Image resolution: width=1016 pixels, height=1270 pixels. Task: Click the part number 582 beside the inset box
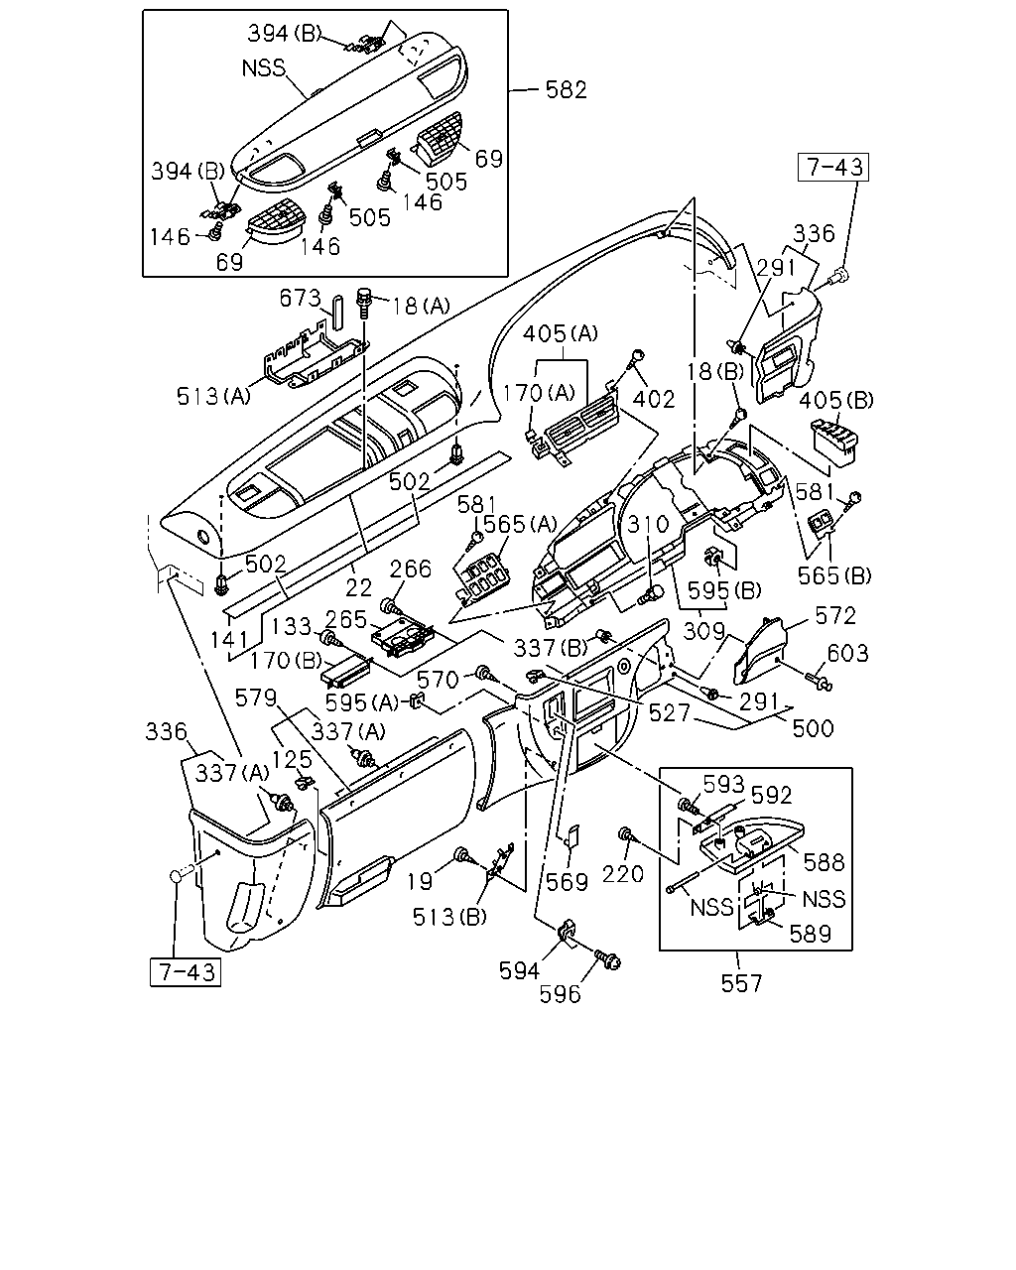(566, 89)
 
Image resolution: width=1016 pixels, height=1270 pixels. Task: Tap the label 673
(300, 298)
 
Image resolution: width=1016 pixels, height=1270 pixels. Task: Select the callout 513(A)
(213, 396)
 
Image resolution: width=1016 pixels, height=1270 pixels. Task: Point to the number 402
(654, 400)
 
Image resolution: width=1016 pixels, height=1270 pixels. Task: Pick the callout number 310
(648, 524)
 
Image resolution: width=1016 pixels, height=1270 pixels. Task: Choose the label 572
(834, 615)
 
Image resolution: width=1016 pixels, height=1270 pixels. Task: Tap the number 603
(847, 653)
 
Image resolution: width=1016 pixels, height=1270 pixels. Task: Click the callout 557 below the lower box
(741, 983)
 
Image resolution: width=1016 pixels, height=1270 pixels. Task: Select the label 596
(560, 994)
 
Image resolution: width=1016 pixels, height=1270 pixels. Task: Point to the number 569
(567, 882)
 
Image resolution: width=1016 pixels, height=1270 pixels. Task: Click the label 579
(256, 698)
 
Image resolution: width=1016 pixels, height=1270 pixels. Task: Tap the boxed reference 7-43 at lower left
(186, 972)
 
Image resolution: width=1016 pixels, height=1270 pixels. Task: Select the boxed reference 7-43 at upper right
(833, 167)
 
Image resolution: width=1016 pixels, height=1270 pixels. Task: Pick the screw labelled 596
(606, 958)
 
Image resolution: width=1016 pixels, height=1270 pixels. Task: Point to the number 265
(346, 619)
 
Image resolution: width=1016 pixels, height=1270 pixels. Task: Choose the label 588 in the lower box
(825, 863)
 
